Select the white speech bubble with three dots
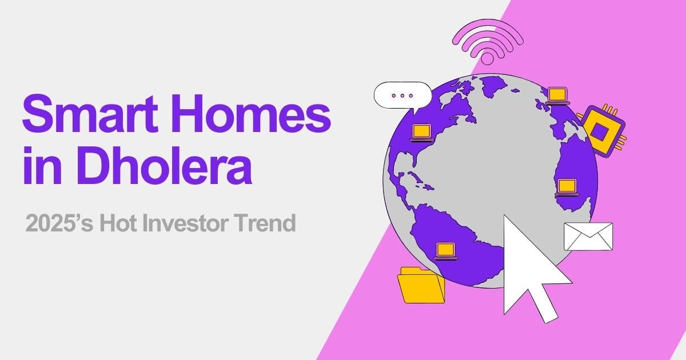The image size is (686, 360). click(402, 95)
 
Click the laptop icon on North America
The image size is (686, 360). click(421, 132)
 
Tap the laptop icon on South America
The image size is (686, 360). click(445, 250)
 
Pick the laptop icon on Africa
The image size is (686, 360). click(567, 187)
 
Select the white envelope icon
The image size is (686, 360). click(588, 236)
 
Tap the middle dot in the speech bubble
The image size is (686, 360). click(402, 95)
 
